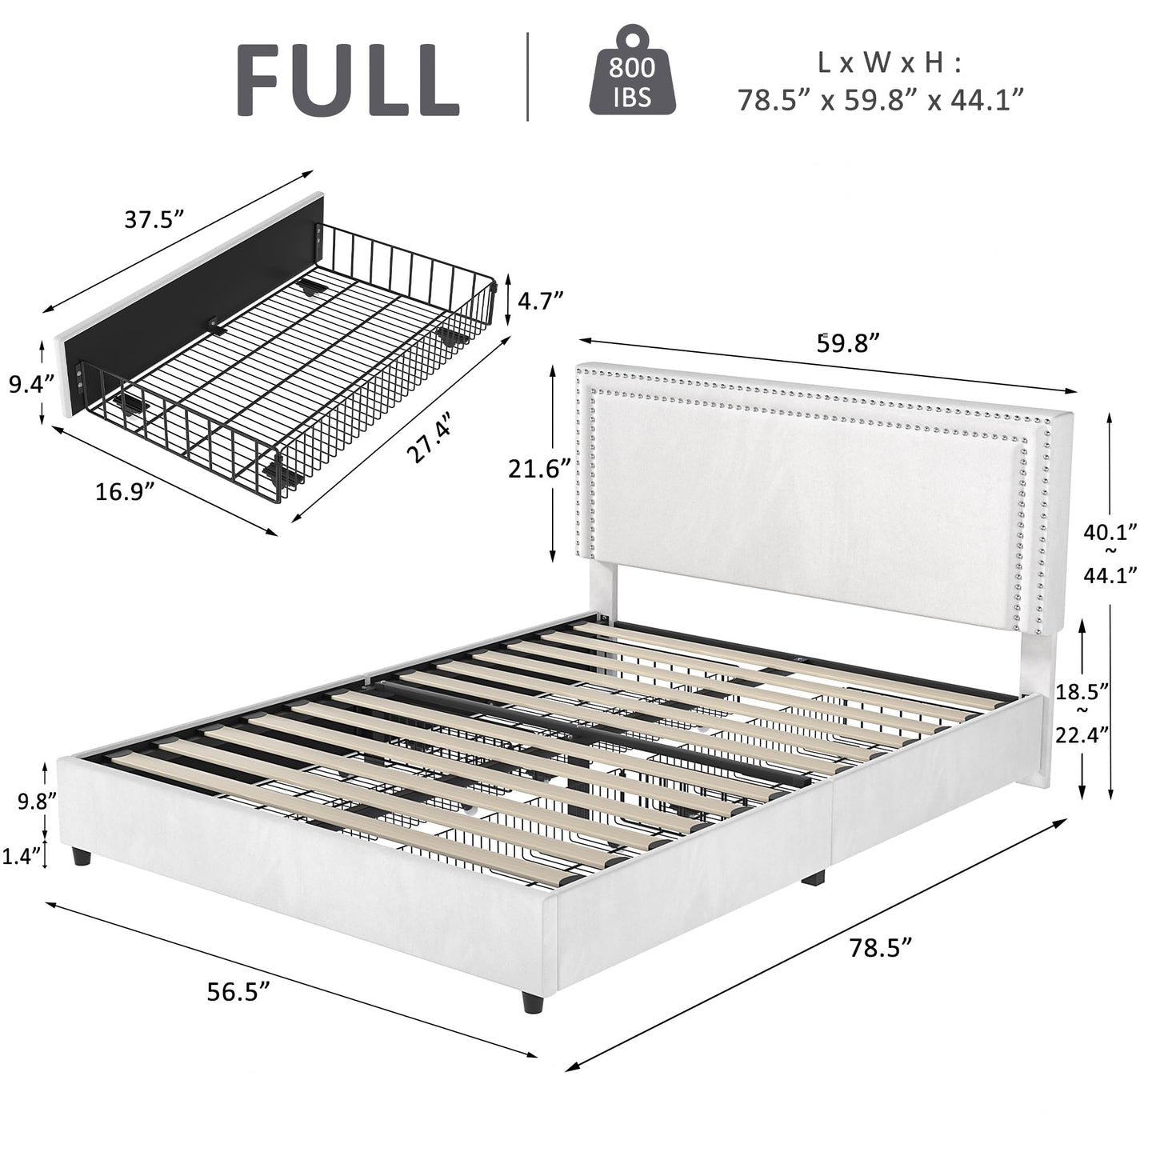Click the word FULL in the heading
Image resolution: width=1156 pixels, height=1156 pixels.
click(x=347, y=80)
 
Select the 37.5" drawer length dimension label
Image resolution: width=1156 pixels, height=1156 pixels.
click(x=154, y=218)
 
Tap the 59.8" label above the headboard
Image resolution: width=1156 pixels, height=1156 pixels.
click(x=848, y=342)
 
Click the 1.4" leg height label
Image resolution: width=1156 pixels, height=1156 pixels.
click(x=22, y=856)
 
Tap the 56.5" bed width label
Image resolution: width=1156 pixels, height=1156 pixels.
click(x=238, y=992)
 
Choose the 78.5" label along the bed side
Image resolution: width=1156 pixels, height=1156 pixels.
click(x=880, y=949)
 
